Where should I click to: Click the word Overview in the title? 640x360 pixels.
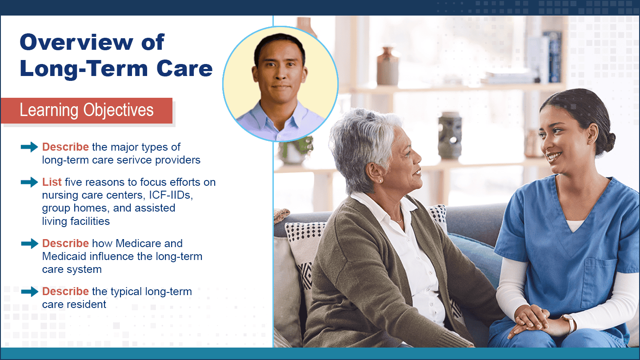(76, 42)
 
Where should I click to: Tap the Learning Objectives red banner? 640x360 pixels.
(87, 111)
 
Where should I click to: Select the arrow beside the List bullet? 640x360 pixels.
(29, 182)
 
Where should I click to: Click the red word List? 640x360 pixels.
(52, 182)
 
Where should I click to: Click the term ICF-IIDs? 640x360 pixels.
(171, 195)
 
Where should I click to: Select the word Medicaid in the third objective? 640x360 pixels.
(64, 256)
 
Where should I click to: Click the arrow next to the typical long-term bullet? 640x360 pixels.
(29, 292)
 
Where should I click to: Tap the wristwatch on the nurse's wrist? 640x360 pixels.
(569, 323)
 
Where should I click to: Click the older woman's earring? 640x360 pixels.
(380, 181)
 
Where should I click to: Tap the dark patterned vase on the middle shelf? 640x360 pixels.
(450, 136)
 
